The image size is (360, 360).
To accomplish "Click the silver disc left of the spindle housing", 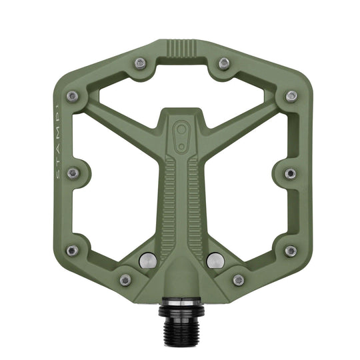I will (x=149, y=261).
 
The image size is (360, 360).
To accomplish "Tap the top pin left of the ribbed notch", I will (x=139, y=63).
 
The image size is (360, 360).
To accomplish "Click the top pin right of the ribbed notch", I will (x=224, y=63).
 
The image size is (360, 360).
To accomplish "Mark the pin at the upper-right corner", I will (x=291, y=96).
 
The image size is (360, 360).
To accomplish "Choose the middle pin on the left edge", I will (x=73, y=173).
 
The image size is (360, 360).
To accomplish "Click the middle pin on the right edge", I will (x=290, y=173).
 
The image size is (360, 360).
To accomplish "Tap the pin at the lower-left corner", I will (x=73, y=251).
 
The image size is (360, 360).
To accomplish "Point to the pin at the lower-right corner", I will (x=290, y=251).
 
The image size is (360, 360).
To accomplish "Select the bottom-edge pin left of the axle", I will (x=125, y=280).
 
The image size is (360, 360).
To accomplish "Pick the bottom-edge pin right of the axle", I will (x=238, y=280).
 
